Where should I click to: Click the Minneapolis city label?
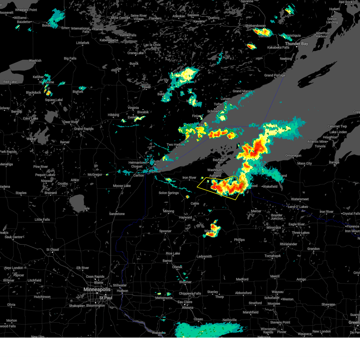[97, 289]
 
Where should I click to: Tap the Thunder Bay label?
[296, 44]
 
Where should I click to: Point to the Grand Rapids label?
[84, 129]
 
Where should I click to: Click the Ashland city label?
[215, 175]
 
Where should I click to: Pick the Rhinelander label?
[288, 244]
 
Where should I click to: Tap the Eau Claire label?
[185, 302]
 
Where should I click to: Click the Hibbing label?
[113, 115]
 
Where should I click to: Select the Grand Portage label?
[274, 75]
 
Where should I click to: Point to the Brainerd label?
[50, 193]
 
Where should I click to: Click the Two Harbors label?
[176, 145]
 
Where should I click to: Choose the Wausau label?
[277, 292]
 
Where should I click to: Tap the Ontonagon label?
[293, 155]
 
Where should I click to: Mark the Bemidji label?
[16, 112]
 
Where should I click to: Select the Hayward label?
[185, 217]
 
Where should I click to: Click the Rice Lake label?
[173, 253]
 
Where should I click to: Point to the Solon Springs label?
[169, 193]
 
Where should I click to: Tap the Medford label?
[242, 279]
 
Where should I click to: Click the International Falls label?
[80, 30]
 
